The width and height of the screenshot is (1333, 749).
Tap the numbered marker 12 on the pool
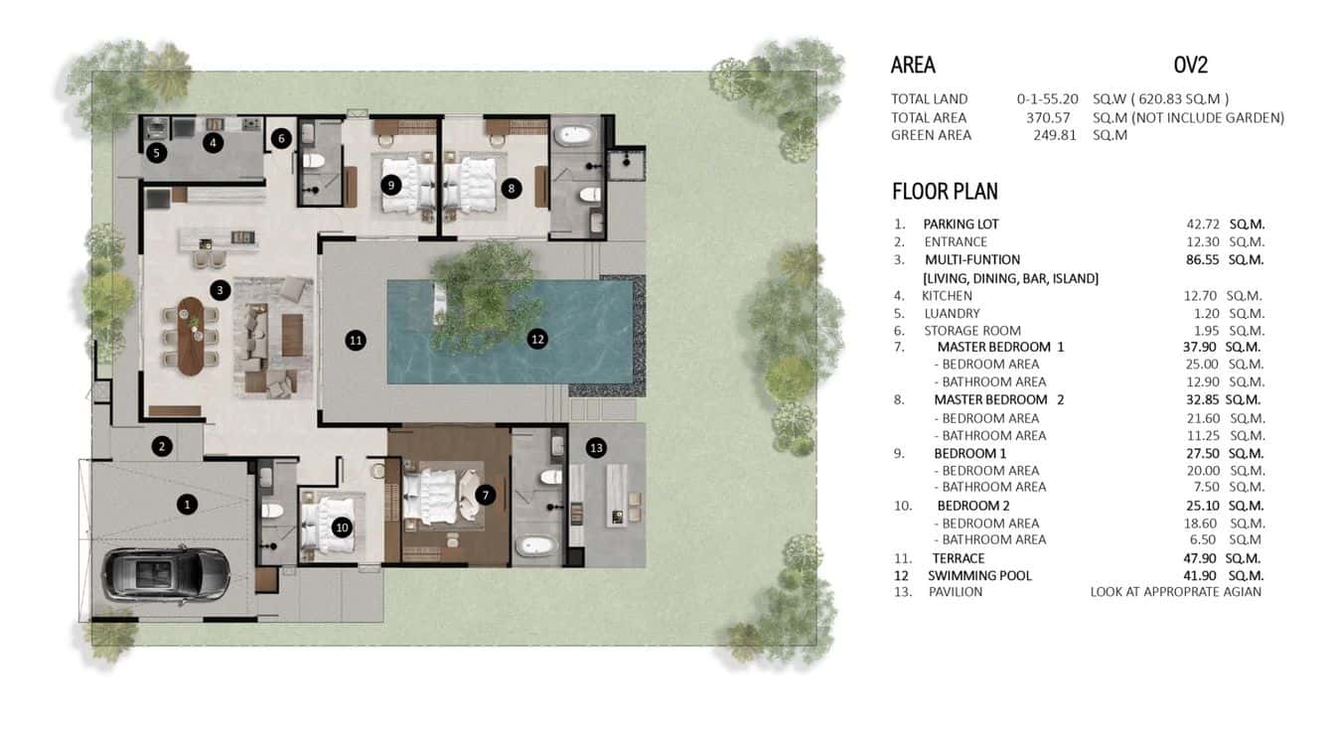[x=537, y=339]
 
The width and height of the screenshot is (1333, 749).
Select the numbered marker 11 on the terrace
[x=356, y=341]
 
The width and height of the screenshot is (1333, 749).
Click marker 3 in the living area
[x=220, y=290]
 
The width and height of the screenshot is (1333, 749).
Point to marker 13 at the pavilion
[x=595, y=448]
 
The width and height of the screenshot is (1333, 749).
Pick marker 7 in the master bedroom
[x=484, y=494]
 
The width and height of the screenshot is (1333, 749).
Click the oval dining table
[x=190, y=335]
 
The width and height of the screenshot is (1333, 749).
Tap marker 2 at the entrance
[x=162, y=446]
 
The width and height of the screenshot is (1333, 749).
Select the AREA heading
[x=913, y=66]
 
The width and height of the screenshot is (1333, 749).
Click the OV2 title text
[x=1190, y=66]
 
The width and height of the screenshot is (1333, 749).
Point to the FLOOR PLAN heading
[x=945, y=192]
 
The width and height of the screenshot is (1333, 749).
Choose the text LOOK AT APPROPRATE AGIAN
[x=1175, y=592]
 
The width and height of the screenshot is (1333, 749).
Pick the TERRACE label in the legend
[x=958, y=558]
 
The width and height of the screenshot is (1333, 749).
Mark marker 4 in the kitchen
[x=212, y=143]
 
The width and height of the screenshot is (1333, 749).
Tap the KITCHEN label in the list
[x=947, y=296]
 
